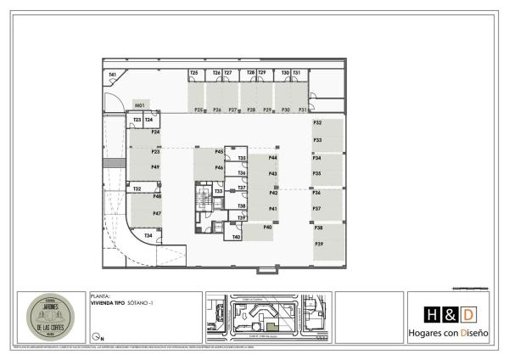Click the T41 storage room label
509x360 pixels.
coord(112,75)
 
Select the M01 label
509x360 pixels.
coord(141,104)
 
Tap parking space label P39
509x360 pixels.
coord(319,244)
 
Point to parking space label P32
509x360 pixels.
coord(317,123)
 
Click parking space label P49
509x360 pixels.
coord(156,167)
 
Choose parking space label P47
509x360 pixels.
coord(157,213)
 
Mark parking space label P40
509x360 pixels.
coord(267,227)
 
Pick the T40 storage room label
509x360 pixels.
coord(237,237)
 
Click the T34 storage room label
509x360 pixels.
coord(148,235)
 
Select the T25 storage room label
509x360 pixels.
coord(194,73)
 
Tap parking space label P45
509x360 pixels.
coord(219,151)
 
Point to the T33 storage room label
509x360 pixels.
coord(218,192)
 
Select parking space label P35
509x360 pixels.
coord(316,173)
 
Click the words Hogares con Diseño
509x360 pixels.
coord(448,335)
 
